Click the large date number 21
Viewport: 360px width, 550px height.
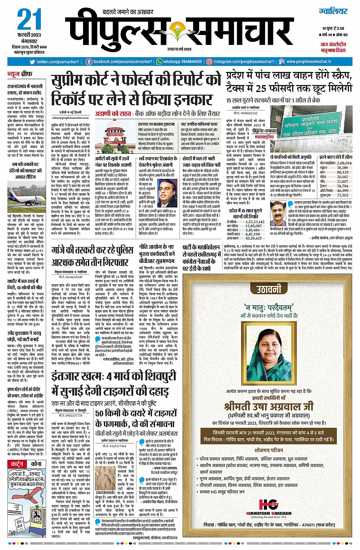click(29, 20)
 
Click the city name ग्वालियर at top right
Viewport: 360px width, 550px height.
click(333, 11)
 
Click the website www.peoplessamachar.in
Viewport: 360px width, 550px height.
click(309, 62)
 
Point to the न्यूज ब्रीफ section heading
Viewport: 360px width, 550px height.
click(21, 74)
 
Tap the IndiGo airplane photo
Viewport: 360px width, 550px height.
click(24, 194)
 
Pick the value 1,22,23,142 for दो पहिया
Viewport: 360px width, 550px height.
click(255, 222)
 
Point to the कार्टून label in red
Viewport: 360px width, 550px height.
click(17, 464)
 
